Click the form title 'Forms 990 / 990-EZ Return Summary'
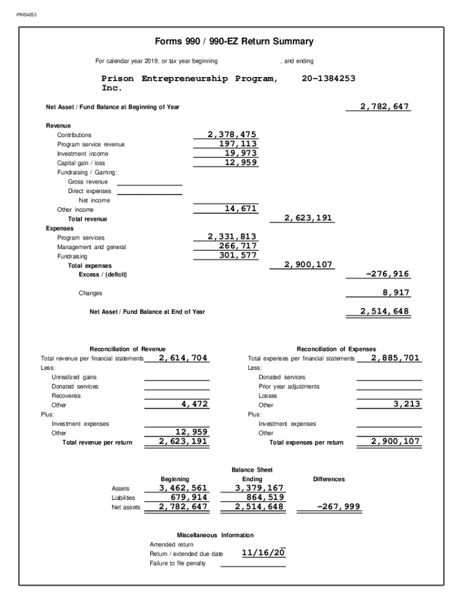pos(234,42)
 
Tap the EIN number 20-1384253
pos(329,79)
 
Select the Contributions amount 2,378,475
pos(232,135)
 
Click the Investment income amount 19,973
pos(241,153)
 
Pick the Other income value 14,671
pos(241,209)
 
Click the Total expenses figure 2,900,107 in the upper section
pos(308,265)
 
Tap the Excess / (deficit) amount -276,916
pos(387,274)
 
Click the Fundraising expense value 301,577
pos(238,255)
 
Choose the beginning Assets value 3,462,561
pos(183,488)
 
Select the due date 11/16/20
pos(263,553)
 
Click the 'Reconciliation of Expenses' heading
pos(336,349)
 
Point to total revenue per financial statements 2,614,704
pos(183,358)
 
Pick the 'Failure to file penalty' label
pos(177,563)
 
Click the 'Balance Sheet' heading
pos(252,469)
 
